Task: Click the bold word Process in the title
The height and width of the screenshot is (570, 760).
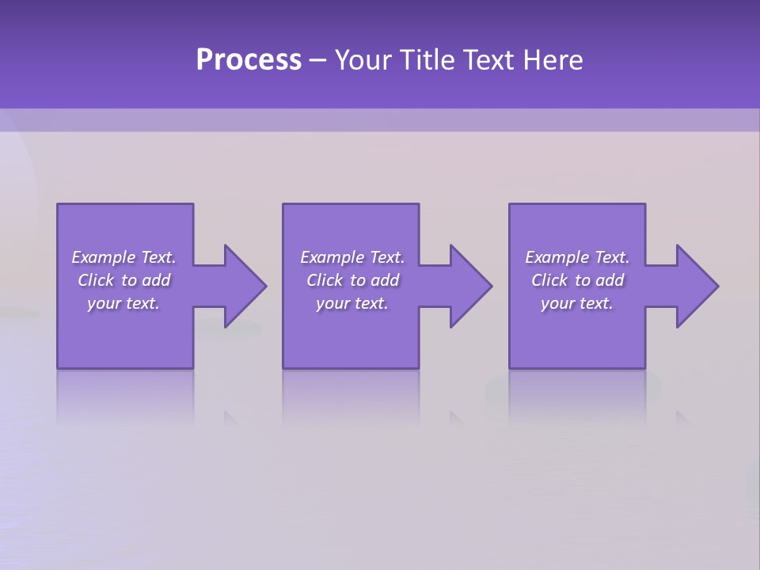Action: point(249,60)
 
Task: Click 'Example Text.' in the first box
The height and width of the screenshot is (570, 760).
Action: point(123,257)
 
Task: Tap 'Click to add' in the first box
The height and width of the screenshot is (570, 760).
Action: point(123,280)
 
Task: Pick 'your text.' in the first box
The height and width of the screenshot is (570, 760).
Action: point(123,303)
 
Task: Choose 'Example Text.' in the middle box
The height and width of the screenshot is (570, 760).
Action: point(352,257)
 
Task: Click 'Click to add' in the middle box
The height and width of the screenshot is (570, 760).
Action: point(352,280)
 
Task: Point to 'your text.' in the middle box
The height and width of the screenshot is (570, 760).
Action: point(352,303)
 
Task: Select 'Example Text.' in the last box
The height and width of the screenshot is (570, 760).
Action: point(577,257)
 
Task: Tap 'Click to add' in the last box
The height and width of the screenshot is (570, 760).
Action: point(577,280)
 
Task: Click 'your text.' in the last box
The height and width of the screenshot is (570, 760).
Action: point(577,303)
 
